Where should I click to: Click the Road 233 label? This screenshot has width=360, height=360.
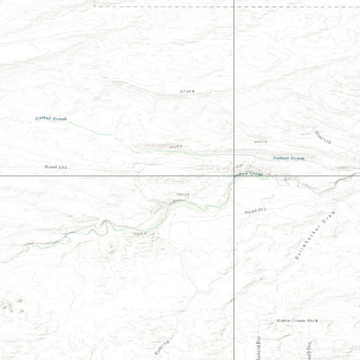point(56,167)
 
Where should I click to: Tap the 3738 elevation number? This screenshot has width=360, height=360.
point(186,91)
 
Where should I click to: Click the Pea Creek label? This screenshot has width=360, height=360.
point(250,173)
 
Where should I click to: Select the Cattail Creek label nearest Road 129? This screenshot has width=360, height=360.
point(289,158)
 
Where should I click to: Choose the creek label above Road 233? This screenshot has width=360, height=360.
point(51,119)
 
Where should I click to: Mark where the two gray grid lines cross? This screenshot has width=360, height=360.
point(234,175)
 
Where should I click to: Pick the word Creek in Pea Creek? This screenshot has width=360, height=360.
point(255,174)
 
